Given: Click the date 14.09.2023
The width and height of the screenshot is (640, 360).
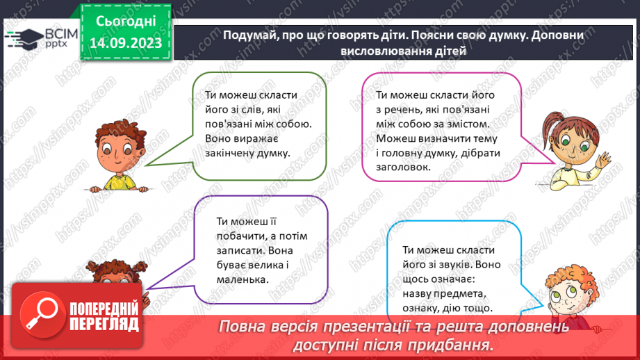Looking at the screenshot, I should tap(126, 42).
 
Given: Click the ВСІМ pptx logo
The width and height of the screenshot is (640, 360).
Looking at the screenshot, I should tap(41, 38).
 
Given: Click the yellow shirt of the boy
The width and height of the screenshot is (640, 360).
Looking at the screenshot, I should tap(120, 183).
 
